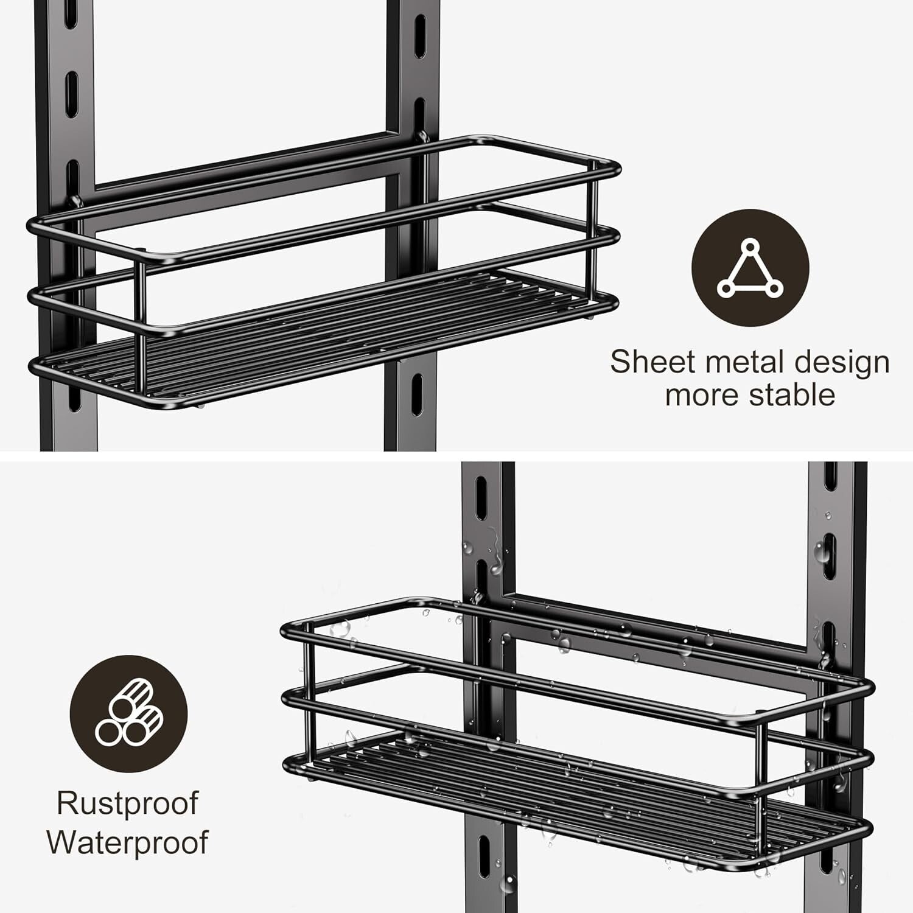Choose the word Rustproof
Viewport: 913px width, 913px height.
point(127,805)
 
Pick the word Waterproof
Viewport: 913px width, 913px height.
point(127,842)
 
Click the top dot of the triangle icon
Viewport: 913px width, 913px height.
point(750,247)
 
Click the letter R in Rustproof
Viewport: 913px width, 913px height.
point(66,803)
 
